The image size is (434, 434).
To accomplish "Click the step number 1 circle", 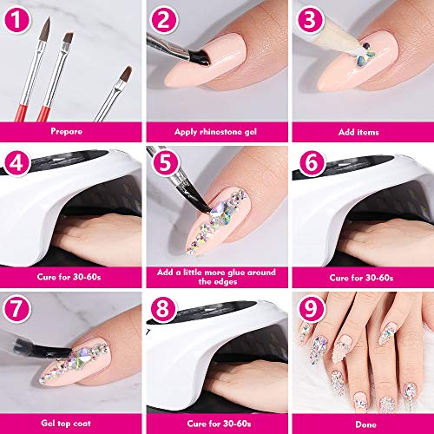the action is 16,20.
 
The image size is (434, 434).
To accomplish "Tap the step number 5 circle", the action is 165,162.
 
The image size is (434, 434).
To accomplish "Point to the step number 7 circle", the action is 16,308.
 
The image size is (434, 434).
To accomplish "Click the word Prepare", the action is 67,132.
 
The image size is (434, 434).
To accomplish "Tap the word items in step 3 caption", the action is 367,132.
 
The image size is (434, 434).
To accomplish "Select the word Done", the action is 366,424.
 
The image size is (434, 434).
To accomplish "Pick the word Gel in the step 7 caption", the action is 47,423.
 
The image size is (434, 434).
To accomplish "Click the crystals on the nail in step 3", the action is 365,55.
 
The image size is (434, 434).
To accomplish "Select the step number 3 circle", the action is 311,20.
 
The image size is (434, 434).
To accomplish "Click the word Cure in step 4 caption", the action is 47,277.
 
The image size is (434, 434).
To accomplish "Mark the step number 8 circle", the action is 162,308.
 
